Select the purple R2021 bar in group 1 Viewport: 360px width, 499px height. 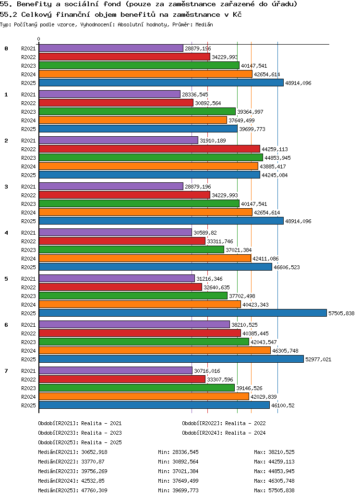point(109,95)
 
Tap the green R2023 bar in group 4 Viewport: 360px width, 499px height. point(131,250)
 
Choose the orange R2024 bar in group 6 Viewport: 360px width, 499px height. point(155,351)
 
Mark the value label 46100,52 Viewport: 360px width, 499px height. point(283,405)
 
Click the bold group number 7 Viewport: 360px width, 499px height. point(6,371)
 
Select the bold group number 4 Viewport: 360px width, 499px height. point(6,233)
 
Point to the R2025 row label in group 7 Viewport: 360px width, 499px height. point(28,405)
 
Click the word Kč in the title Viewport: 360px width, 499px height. point(237,15)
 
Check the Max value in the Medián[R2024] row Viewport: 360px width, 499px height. point(274,481)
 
